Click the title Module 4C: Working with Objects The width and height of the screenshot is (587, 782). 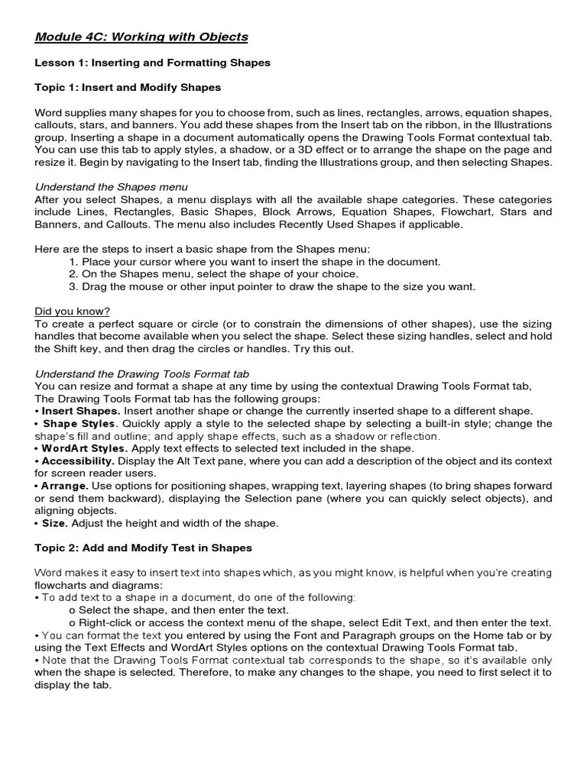click(x=141, y=37)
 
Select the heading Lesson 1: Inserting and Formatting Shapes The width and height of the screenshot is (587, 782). click(x=152, y=63)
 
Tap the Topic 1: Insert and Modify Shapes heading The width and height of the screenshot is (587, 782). click(x=128, y=88)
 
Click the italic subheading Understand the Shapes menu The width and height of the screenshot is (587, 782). click(x=112, y=187)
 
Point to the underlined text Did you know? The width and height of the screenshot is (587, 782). click(x=73, y=312)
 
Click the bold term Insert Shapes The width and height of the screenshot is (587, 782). click(x=80, y=411)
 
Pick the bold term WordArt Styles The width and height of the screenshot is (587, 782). click(x=84, y=448)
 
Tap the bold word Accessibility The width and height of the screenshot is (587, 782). click(x=78, y=461)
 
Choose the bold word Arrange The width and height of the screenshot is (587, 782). click(x=64, y=486)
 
